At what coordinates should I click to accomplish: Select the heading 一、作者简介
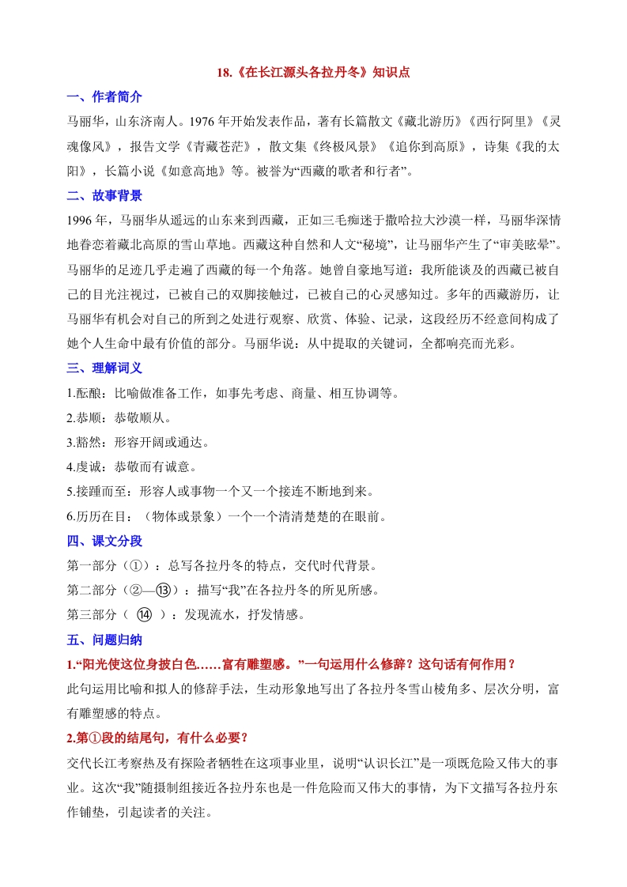pos(104,97)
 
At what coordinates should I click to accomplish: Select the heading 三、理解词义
pos(104,368)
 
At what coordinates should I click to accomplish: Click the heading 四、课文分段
pos(104,542)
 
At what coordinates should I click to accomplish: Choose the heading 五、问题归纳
pos(104,640)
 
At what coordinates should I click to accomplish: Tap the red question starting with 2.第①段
pos(158,738)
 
